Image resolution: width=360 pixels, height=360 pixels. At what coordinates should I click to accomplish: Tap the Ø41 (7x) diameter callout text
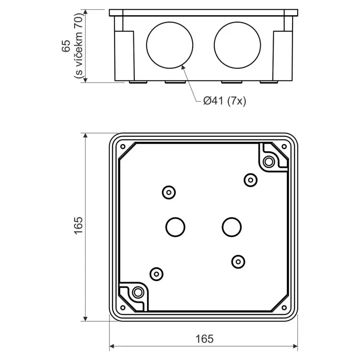click(x=224, y=101)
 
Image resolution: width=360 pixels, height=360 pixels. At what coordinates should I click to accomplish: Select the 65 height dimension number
click(x=66, y=46)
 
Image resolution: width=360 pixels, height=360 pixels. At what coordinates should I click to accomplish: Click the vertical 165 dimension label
click(x=78, y=225)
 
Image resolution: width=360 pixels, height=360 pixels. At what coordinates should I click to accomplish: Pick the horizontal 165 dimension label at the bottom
click(x=204, y=339)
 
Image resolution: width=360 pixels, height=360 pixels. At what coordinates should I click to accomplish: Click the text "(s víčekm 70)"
click(x=78, y=46)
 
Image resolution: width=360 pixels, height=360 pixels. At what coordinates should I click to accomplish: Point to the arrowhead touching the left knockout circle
click(x=183, y=67)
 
